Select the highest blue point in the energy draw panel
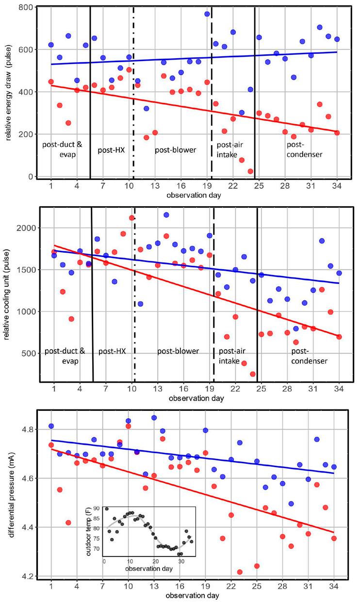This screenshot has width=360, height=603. [x=207, y=14]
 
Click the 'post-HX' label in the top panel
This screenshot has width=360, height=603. [x=112, y=150]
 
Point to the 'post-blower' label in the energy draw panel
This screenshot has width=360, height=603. [x=175, y=150]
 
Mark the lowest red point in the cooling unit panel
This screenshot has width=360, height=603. [x=253, y=374]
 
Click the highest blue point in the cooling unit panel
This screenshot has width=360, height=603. [x=166, y=215]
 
